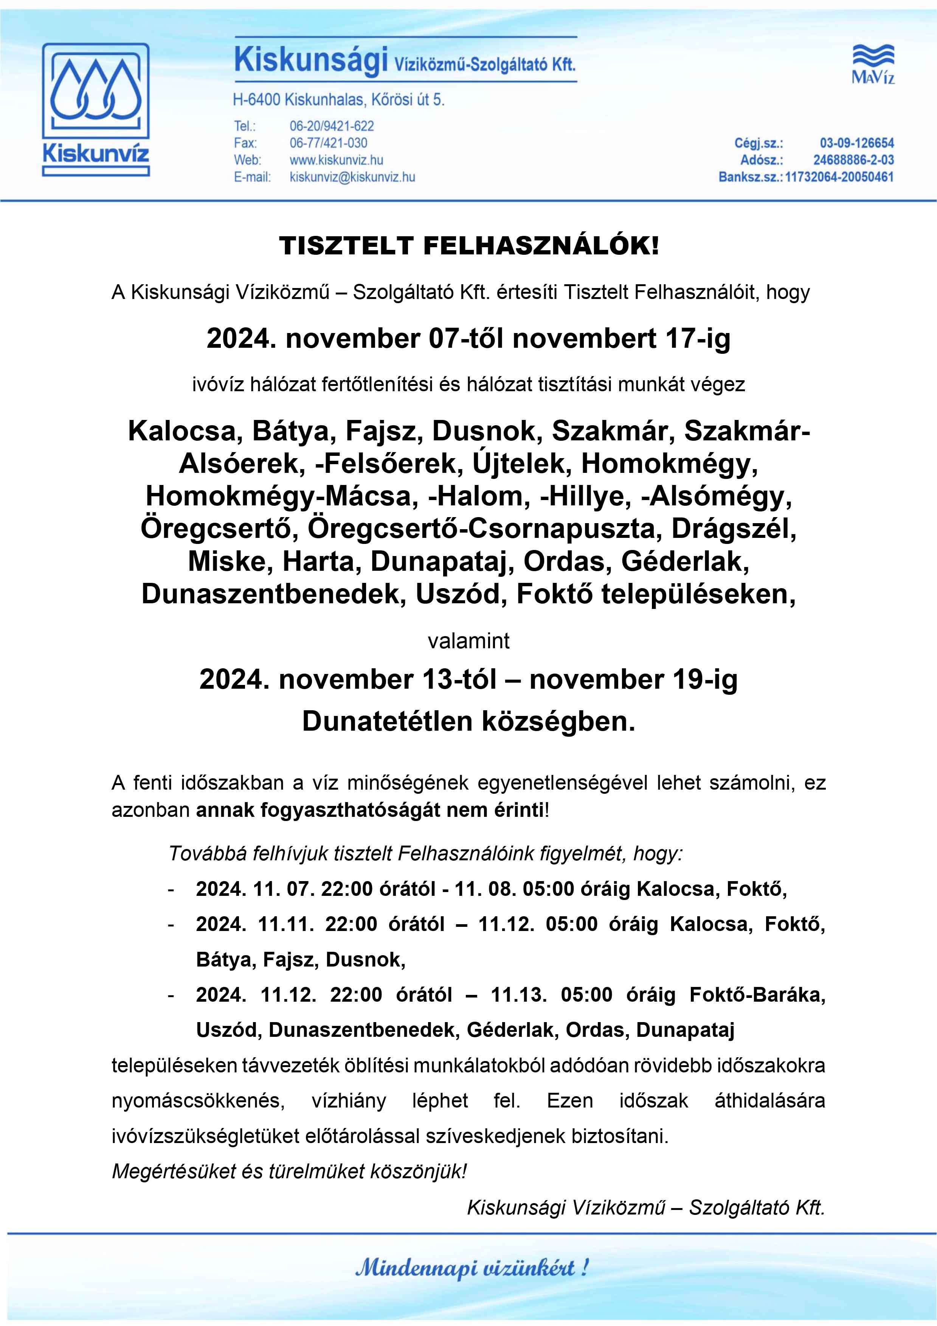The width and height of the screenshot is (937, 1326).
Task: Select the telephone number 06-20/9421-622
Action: [x=332, y=126]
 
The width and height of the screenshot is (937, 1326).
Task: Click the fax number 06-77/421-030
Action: [x=328, y=143]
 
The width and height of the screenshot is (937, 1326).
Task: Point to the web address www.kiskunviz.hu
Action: [x=336, y=160]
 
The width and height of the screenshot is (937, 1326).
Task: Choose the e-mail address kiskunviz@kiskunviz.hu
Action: [x=352, y=177]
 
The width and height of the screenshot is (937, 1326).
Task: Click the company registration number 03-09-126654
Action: [x=856, y=143]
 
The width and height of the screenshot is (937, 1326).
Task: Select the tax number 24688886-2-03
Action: [x=853, y=160]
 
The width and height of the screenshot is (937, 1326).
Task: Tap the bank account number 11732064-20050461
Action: [x=839, y=177]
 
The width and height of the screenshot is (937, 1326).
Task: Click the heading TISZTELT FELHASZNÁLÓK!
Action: [x=468, y=246]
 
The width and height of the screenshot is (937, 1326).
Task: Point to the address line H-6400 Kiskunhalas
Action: [x=338, y=100]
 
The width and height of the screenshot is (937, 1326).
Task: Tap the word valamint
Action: [x=468, y=641]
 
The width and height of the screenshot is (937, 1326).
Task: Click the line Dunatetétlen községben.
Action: [x=468, y=721]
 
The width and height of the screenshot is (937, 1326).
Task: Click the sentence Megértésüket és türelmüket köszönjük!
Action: [x=289, y=1171]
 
